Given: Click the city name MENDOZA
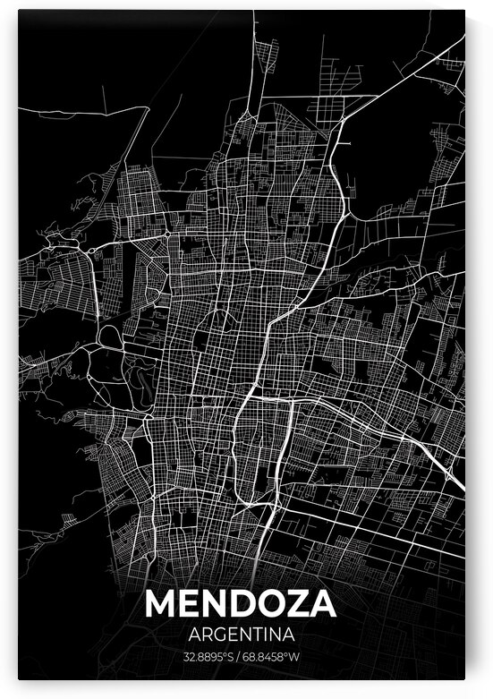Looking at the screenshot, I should (x=241, y=604).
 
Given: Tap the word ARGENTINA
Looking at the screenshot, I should (x=241, y=634).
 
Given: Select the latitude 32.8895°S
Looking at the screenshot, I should (x=209, y=656).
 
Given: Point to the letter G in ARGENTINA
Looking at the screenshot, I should (x=215, y=634).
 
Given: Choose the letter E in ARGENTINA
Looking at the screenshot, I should (x=229, y=634).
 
